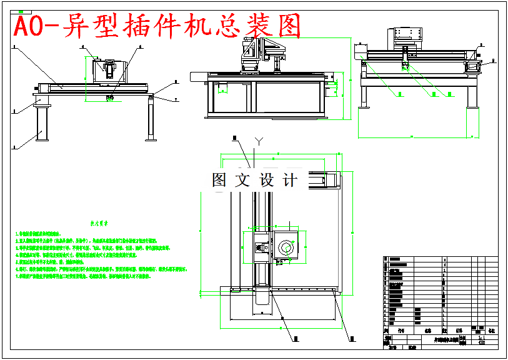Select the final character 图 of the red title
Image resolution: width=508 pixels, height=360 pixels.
pyautogui.click(x=285, y=27)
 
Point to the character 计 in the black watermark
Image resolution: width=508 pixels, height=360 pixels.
pyautogui.click(x=290, y=181)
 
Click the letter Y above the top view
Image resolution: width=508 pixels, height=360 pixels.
pyautogui.click(x=256, y=141)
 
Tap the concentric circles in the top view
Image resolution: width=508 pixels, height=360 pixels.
pyautogui.click(x=287, y=247)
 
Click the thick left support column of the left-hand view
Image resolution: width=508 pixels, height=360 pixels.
pyautogui.click(x=42, y=122)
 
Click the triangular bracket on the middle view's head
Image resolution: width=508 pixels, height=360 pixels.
pyautogui.click(x=272, y=45)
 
